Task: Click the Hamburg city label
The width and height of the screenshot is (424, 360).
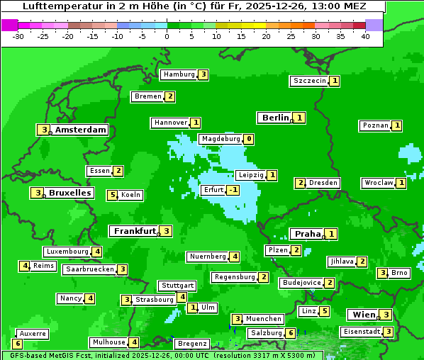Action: (x=178, y=74)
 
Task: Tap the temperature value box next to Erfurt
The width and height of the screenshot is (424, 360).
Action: (x=233, y=190)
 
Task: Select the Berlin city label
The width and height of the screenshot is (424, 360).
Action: (x=275, y=118)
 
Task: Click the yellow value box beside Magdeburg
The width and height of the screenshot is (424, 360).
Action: (x=248, y=139)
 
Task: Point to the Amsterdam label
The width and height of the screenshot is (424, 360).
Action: (x=80, y=130)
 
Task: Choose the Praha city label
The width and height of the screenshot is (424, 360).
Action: (x=308, y=234)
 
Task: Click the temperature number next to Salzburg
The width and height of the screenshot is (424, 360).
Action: (x=291, y=333)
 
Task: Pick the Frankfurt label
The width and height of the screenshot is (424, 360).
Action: (x=133, y=231)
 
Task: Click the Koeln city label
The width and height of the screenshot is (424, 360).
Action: (x=131, y=195)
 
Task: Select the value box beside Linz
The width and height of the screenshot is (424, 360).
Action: (x=324, y=311)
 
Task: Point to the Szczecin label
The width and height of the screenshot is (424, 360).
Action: (x=310, y=81)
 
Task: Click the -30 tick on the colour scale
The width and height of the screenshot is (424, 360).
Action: (x=18, y=35)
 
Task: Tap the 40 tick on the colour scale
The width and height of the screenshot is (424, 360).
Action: (x=365, y=35)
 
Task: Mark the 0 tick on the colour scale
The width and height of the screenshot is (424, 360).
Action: (x=167, y=35)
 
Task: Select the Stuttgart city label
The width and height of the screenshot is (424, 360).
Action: (x=177, y=286)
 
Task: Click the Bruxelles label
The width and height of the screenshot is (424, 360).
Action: (x=69, y=193)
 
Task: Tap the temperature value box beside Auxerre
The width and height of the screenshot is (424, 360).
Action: (x=18, y=344)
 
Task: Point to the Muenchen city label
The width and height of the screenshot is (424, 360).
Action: (x=263, y=319)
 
